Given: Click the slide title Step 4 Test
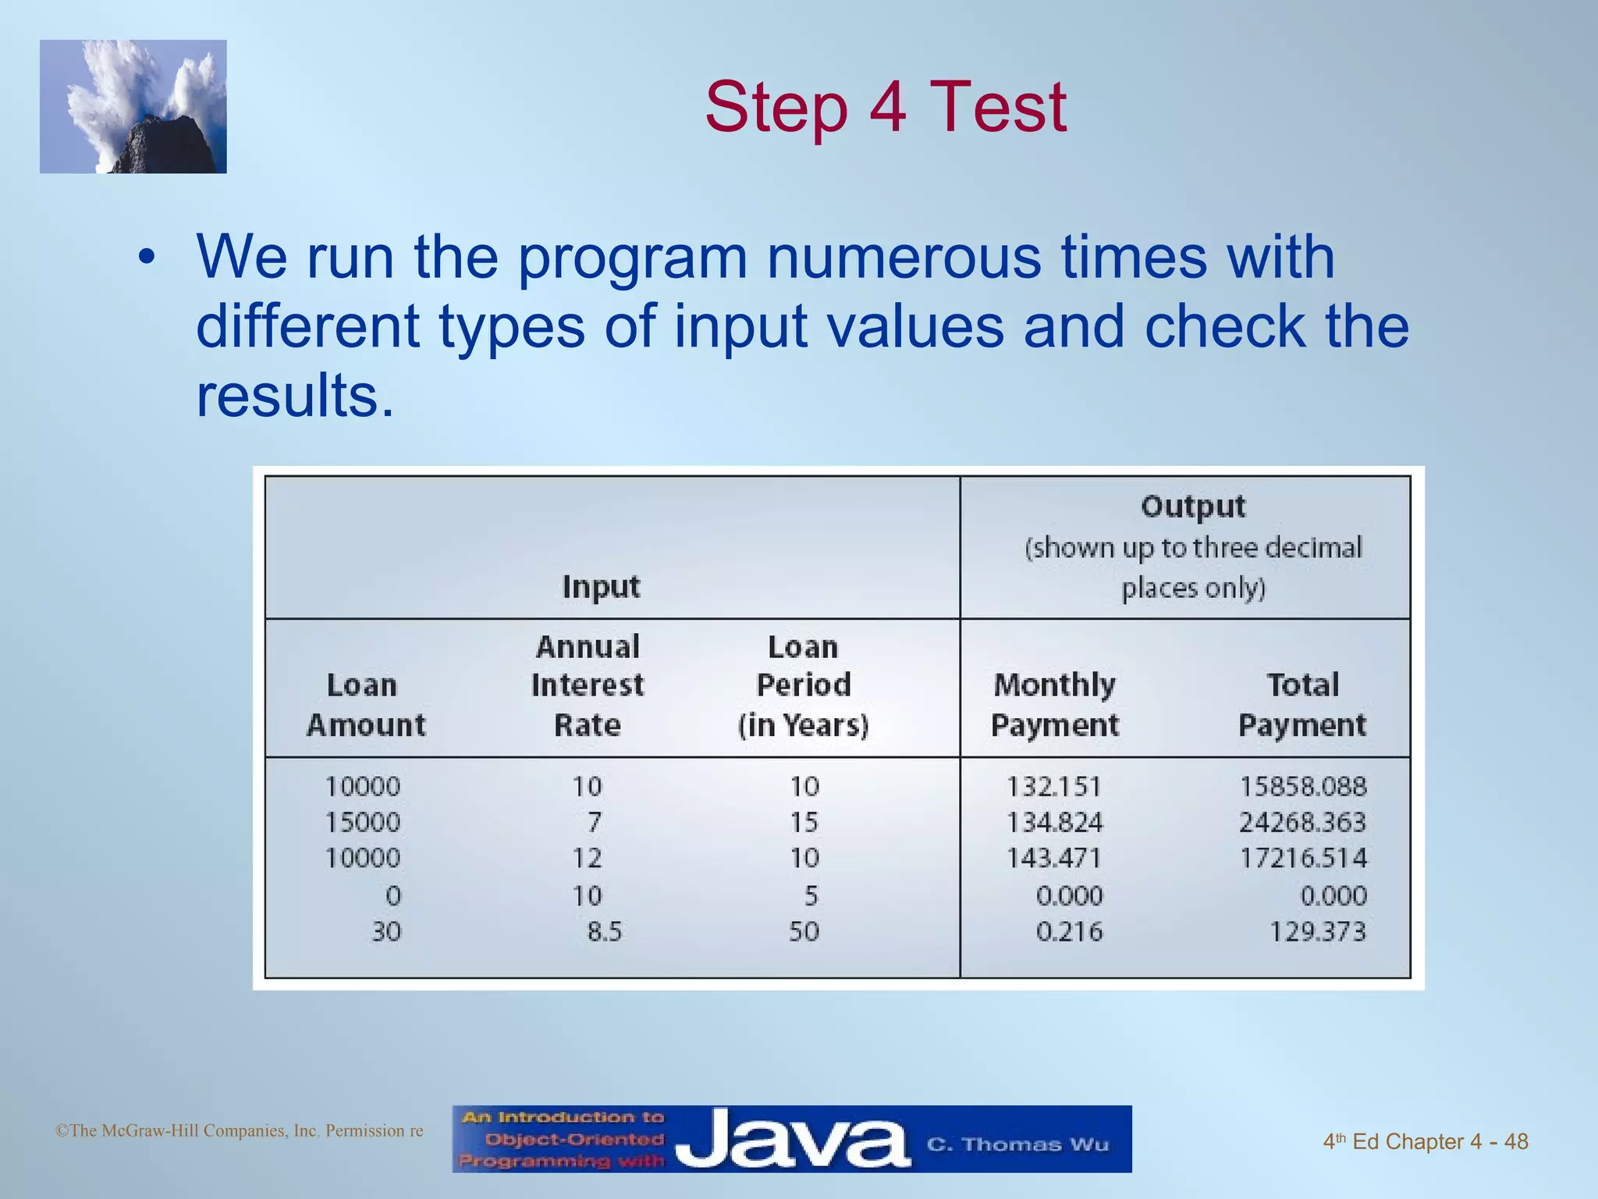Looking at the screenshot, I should pos(886,107).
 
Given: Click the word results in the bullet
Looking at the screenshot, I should pos(294,395).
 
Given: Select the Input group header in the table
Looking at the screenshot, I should pos(601,587).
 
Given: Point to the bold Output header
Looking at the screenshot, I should pos(1193,507).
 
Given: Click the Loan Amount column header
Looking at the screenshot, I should pos(365,705).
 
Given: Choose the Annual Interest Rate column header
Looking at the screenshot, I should pos(588,685).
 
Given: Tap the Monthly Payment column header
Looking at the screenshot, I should pos(1054,705).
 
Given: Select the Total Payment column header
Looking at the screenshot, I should pos(1302,705).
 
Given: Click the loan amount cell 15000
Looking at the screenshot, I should pos(362,822).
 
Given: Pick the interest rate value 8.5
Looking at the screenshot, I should pos(604,931).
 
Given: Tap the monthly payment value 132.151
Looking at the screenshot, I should pos(1053,786).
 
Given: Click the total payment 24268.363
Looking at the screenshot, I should pos(1302,822).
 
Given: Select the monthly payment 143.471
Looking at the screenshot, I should pos(1053,858).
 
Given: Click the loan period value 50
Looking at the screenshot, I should pos(804,931).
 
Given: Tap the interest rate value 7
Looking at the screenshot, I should pos(594,822).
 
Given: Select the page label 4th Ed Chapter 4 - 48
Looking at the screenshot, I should pos(1425,1141).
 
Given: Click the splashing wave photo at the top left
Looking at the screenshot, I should pos(133,107).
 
